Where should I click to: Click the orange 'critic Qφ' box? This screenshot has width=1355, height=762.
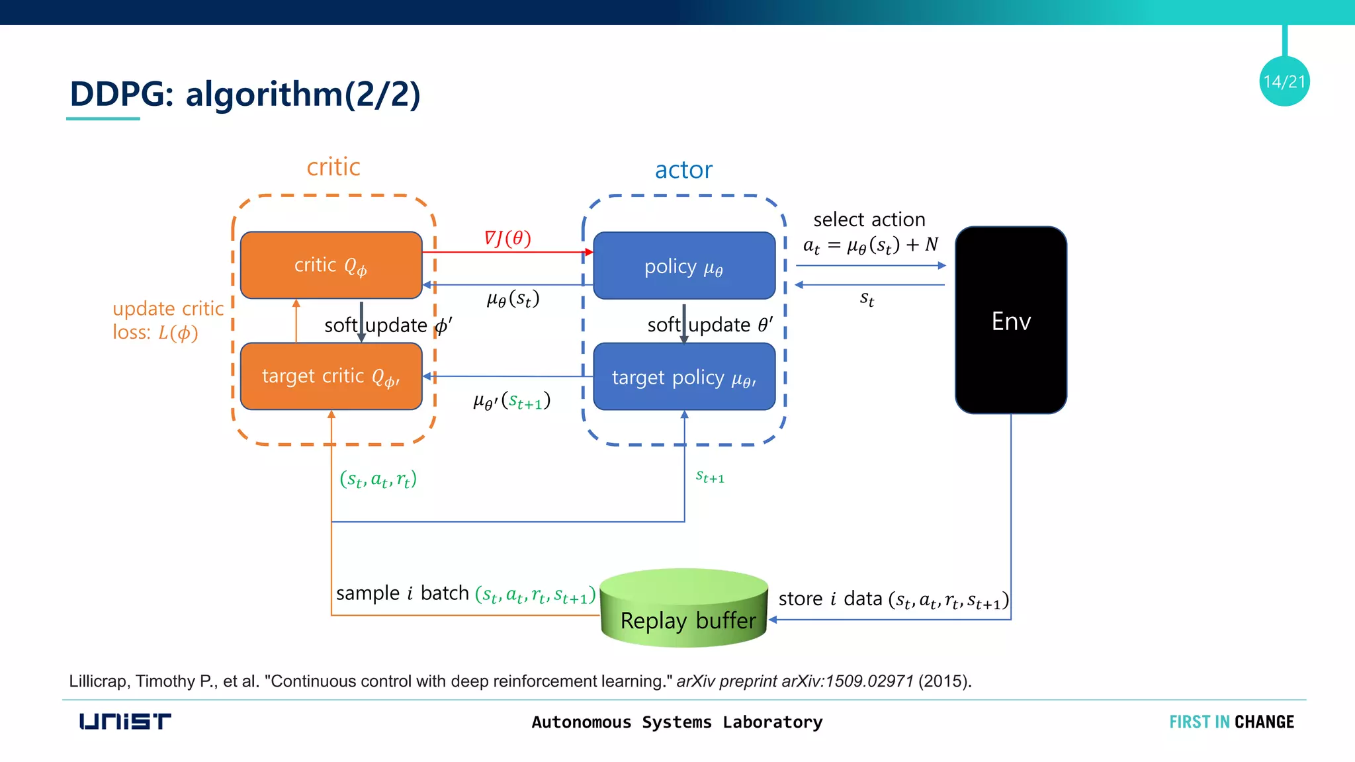(x=331, y=265)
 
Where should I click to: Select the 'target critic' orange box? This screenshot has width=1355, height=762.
(x=331, y=376)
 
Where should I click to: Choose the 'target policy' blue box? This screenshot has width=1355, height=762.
(x=684, y=377)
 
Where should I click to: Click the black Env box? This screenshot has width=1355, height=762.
(x=1010, y=320)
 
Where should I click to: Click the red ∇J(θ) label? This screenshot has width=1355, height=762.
(x=507, y=238)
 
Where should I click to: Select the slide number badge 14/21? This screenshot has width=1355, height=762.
(x=1284, y=81)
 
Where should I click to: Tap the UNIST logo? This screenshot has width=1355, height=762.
(x=125, y=721)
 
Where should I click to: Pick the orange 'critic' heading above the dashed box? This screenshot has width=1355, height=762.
(x=333, y=167)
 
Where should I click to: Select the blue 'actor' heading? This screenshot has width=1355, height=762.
(x=683, y=170)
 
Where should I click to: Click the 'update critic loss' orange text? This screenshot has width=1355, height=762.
(x=168, y=320)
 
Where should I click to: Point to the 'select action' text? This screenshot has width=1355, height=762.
(x=869, y=220)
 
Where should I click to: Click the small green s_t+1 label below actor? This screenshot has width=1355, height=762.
(x=710, y=477)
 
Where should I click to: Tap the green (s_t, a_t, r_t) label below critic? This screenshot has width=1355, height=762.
(x=378, y=479)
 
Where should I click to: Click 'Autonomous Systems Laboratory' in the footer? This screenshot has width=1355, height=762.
(x=677, y=722)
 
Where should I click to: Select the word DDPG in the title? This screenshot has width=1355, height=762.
(x=117, y=94)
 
